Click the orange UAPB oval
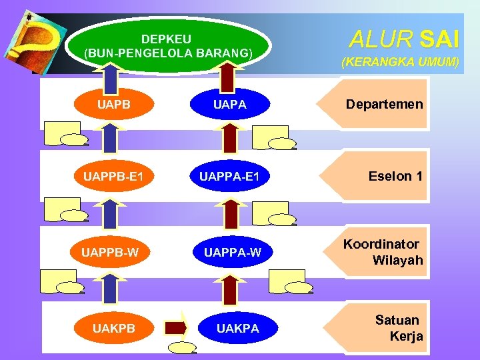point(113,105)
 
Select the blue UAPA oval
point(229,105)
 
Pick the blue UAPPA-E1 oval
point(229,177)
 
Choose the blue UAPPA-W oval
point(233,251)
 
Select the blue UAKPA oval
point(237,328)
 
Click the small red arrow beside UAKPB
point(176,327)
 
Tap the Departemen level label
point(384,105)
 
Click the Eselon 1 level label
point(395,177)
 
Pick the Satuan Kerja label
point(398,328)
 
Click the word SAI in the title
point(439,40)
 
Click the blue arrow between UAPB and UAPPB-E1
point(111,139)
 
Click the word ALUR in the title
point(381,40)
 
